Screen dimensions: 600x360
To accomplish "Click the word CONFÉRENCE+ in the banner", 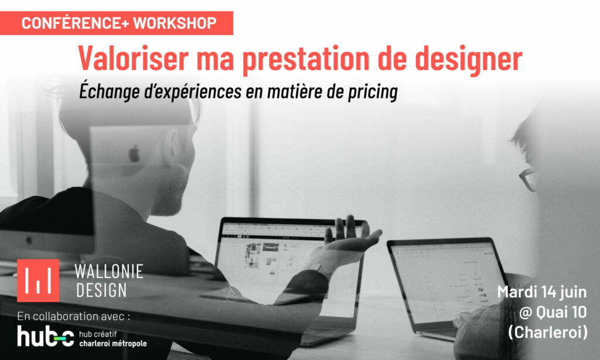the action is [75, 23].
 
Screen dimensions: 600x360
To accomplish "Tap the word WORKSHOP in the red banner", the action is [175, 23].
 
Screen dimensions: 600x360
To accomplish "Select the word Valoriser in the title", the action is [134, 58].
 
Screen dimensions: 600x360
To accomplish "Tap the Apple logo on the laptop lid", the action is [134, 154].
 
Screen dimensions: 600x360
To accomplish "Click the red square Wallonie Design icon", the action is [38, 280].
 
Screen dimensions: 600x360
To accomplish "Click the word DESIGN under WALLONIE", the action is [101, 290].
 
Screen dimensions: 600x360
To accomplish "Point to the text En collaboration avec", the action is [73, 317].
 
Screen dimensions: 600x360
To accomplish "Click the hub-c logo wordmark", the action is [46, 337].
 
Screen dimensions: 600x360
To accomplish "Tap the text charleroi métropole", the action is [113, 344].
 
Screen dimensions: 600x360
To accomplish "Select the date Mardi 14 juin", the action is [542, 292].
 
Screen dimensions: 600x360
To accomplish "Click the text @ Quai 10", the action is [553, 312].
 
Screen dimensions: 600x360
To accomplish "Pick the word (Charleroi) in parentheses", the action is [548, 332].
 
